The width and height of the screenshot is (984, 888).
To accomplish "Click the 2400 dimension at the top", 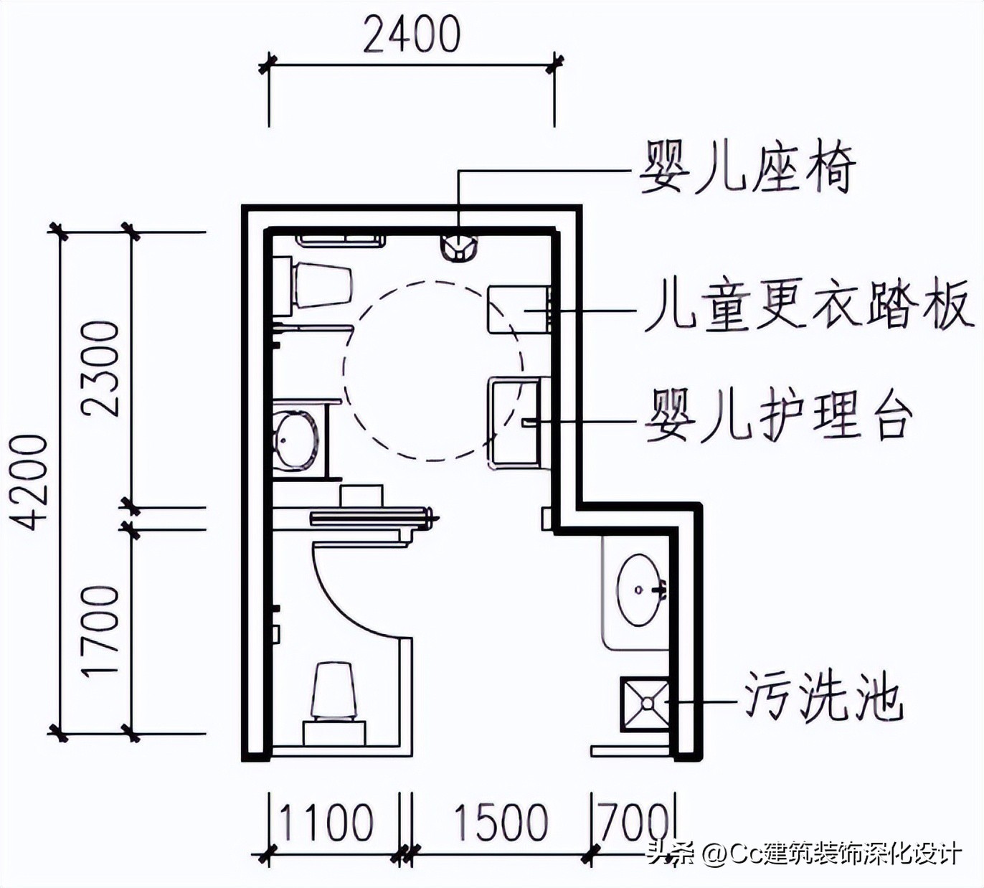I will [412, 34].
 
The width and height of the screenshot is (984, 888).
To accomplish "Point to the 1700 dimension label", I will [100, 630].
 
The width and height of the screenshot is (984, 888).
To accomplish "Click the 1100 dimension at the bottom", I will [326, 822].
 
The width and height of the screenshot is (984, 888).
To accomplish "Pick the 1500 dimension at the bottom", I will [501, 822].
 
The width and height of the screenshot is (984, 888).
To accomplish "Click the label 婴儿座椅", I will [747, 167].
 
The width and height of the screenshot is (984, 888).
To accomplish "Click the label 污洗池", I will [822, 696].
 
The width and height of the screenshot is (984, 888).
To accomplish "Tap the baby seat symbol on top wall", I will [458, 247].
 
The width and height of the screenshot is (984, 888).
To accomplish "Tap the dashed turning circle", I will [433, 371].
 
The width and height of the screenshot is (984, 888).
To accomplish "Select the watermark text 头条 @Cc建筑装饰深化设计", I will [803, 854].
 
